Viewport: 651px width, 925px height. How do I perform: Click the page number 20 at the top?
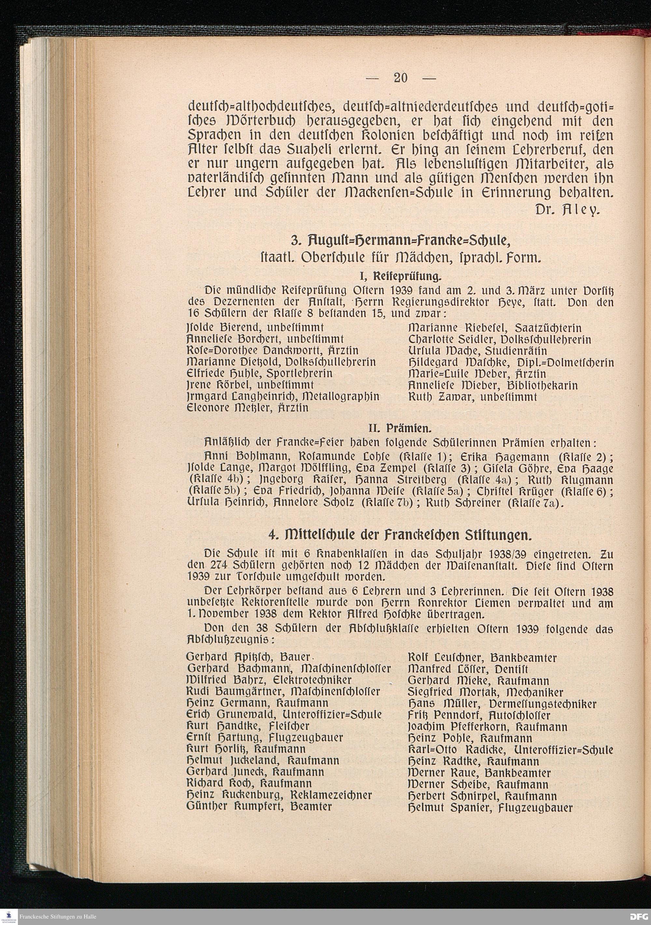tap(400, 77)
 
